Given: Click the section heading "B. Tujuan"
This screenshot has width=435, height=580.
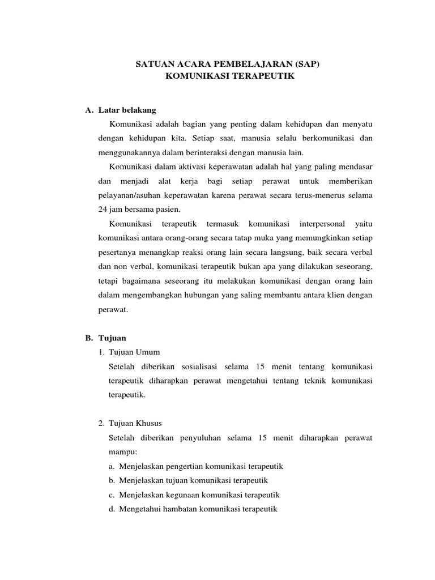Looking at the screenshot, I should click(x=101, y=338).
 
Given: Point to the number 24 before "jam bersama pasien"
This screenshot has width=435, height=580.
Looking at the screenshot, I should click(x=103, y=208).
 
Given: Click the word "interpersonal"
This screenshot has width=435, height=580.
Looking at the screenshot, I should click(x=319, y=224).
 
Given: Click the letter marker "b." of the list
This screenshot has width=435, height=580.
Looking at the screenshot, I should click(x=112, y=480).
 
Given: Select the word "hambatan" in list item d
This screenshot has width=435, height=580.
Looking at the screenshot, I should click(x=178, y=509).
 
